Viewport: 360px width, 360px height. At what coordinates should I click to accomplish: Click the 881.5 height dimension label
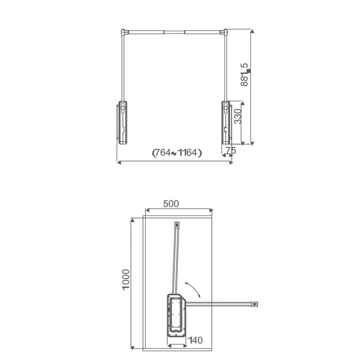point(244,75)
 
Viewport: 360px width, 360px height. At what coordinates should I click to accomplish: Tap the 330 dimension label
point(238,116)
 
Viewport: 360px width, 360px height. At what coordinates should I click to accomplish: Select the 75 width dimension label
point(231,150)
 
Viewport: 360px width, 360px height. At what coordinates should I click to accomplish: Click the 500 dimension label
point(171,204)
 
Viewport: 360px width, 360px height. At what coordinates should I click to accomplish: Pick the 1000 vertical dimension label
point(126,280)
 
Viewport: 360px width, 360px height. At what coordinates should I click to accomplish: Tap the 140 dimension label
point(195,340)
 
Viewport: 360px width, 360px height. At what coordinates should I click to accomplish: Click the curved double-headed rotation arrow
point(192,289)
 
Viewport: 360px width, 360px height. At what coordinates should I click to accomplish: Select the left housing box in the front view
point(122,123)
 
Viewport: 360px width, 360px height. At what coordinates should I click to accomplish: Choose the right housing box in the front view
point(226,123)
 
